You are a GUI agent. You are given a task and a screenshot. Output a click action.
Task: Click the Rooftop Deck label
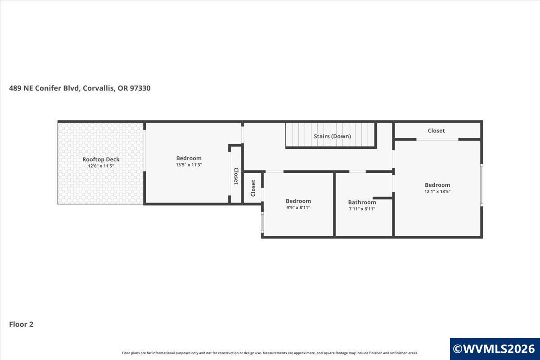pos(101,159)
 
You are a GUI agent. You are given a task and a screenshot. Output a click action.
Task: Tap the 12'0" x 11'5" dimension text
pos(101,166)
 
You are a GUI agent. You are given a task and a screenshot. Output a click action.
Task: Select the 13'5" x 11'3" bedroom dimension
pos(189,165)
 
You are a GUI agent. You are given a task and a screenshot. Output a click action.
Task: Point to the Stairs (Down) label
pos(332,136)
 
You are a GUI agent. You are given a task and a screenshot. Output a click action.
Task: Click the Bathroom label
pos(362,202)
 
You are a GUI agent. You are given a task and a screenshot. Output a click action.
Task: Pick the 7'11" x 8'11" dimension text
pos(362,209)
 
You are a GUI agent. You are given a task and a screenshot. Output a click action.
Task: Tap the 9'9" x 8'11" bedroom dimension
pos(298,207)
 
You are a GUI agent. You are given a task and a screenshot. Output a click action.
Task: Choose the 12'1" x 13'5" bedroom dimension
pos(437,191)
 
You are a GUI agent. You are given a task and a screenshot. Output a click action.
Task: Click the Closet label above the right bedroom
pos(436,130)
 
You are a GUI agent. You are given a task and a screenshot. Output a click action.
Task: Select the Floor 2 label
pos(21,324)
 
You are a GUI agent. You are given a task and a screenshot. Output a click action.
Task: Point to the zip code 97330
pos(140,88)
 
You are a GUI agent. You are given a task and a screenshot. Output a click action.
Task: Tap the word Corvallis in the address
pos(99,88)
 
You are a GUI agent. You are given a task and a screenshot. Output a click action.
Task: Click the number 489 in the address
pos(15,88)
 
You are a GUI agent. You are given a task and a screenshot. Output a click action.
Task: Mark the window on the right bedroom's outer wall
pos(481,185)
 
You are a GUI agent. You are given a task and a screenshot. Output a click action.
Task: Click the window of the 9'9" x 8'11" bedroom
pos(262,222)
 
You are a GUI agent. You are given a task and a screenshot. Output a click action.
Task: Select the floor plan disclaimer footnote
pos(270,353)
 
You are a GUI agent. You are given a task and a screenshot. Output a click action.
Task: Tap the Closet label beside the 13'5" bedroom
pos(236,176)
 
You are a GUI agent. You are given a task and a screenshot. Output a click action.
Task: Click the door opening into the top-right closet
pos(437,139)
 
